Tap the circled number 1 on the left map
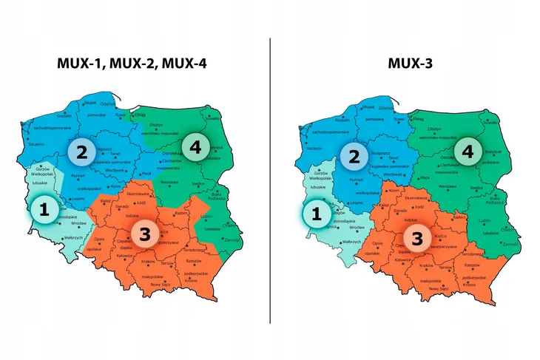tap(44, 209)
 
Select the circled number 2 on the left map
tap(81, 152)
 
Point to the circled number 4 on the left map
tap(195, 148)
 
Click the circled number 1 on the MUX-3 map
tap(317, 214)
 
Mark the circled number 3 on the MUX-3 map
tap(417, 238)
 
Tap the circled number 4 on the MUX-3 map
tap(467, 152)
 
